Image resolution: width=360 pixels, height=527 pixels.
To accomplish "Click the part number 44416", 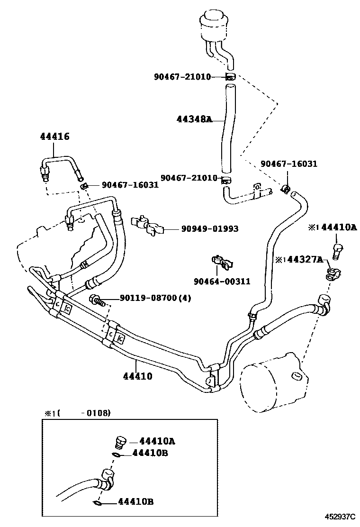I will click(x=54, y=137).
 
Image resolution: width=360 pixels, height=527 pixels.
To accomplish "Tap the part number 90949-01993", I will click(x=209, y=229).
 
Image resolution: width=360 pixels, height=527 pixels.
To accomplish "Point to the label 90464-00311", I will click(x=222, y=282).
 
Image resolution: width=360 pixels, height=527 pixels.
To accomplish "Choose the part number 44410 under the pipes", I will click(x=137, y=377).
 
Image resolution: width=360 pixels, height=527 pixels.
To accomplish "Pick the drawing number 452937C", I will click(x=340, y=517).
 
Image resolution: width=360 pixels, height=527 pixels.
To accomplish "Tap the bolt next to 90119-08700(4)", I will click(x=96, y=299).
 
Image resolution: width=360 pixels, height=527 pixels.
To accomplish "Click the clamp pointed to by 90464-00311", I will click(x=219, y=263).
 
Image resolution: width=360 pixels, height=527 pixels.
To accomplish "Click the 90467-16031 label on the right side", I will click(x=289, y=164).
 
